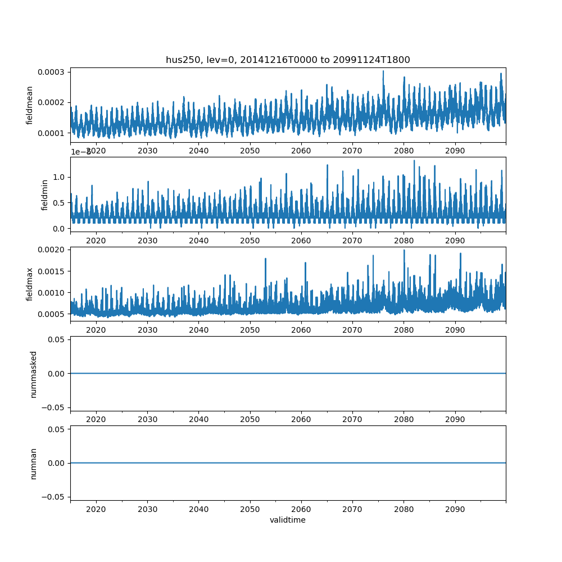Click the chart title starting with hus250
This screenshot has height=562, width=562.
pos(288,60)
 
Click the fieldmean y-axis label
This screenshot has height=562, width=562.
pos(30,105)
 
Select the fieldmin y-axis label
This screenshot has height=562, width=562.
pos(46,194)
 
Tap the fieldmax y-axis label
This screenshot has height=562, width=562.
pos(30,284)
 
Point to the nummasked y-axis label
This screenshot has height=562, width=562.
pos(33,374)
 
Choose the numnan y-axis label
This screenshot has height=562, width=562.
pos(33,463)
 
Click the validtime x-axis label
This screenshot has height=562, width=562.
pos(288,520)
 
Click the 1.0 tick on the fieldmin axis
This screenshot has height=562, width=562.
pos(59,177)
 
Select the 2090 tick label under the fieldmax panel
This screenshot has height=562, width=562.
pos(455,330)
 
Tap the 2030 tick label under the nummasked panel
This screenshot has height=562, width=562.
pos(147,420)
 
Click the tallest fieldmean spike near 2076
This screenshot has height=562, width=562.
pos(383,71)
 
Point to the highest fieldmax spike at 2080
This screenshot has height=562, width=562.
pos(404,250)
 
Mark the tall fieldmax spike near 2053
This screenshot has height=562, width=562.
pos(265,259)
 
